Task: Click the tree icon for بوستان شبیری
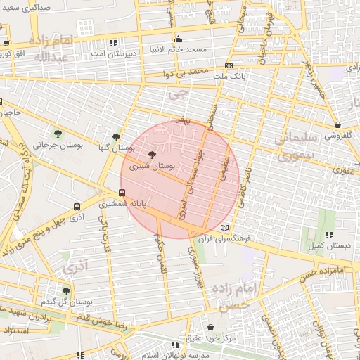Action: click(153, 155)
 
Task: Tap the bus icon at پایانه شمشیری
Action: click(122, 193)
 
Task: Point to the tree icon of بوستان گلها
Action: click(116, 137)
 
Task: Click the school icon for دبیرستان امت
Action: click(94, 52)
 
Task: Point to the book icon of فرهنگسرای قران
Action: click(225, 228)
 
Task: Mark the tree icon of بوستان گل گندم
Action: click(66, 290)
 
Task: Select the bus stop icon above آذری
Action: click(76, 207)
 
